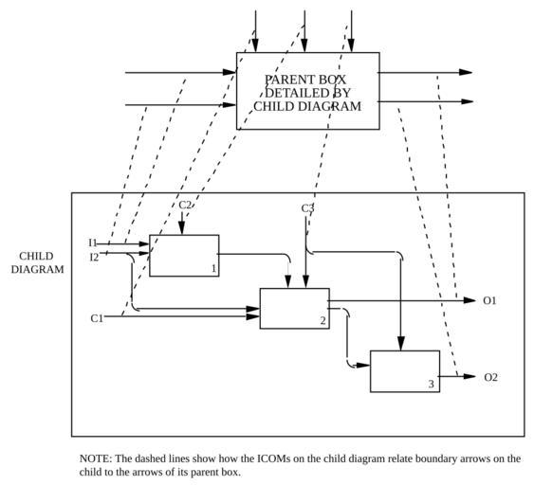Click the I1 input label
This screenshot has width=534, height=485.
(x=93, y=242)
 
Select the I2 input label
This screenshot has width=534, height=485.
(x=94, y=257)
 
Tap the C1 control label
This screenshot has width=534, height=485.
(x=97, y=318)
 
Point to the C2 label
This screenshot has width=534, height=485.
(x=185, y=205)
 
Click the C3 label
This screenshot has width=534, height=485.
(x=307, y=207)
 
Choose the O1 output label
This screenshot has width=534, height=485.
(x=489, y=300)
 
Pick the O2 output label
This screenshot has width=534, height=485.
(x=490, y=377)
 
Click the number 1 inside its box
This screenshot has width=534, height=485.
(x=213, y=269)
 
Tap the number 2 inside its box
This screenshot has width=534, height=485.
(x=322, y=320)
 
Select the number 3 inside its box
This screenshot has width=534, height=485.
(x=432, y=384)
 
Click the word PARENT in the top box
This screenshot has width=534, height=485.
(x=285, y=80)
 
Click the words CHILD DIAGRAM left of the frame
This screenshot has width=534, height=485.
(x=37, y=262)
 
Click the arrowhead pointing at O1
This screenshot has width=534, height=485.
(x=470, y=300)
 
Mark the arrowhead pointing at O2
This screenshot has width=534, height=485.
(x=470, y=376)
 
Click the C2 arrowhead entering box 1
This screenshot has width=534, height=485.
(x=181, y=228)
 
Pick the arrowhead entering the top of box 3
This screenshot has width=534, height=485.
(x=401, y=344)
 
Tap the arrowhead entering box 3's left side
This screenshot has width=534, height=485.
(x=363, y=366)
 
